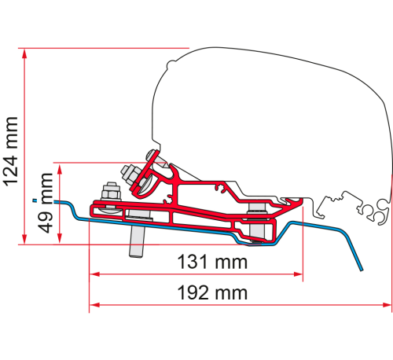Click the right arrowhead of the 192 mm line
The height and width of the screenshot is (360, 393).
pyautogui.click(x=386, y=304)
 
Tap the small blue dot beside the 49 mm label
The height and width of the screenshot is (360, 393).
pyautogui.click(x=32, y=202)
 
